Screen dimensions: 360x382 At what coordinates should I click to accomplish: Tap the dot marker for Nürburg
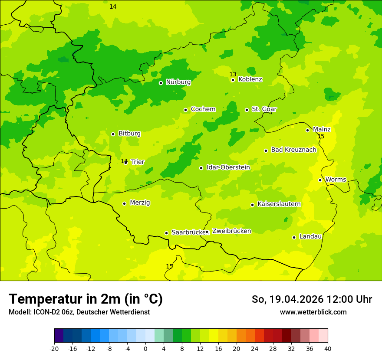(x=161, y=83)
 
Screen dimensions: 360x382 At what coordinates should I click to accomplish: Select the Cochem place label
(x=203, y=109)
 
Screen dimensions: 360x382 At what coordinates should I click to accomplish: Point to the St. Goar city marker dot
(x=247, y=110)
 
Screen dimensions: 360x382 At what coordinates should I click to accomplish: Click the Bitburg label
(x=129, y=134)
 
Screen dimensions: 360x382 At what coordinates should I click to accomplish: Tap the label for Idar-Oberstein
(x=228, y=167)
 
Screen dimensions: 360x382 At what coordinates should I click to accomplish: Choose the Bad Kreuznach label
(x=293, y=150)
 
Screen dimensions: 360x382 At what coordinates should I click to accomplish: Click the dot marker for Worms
(x=320, y=180)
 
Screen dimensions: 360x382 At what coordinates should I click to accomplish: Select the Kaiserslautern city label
(x=279, y=204)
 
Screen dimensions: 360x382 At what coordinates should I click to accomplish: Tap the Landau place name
(x=310, y=237)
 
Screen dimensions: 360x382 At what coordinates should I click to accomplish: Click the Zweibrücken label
(x=231, y=231)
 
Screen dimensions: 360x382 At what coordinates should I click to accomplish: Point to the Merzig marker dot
(x=124, y=203)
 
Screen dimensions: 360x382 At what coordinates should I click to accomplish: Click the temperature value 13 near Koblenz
(x=233, y=74)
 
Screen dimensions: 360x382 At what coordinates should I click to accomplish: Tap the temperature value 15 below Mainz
(x=321, y=137)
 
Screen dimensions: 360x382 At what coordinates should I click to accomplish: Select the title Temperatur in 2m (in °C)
(x=86, y=299)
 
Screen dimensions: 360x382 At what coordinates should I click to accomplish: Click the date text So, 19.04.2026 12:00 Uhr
(x=312, y=299)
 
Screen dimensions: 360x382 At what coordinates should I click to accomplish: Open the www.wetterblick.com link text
(x=313, y=312)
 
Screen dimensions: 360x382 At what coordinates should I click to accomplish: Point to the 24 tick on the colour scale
(x=255, y=348)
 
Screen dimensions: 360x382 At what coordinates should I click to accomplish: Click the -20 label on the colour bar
(x=54, y=348)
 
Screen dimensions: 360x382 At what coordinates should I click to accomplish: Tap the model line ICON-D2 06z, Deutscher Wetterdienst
(x=79, y=312)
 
